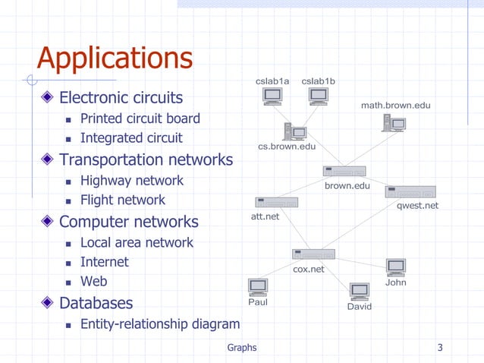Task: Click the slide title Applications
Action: coord(115,58)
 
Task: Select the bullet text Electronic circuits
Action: coord(121,98)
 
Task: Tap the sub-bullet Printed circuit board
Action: coord(140,118)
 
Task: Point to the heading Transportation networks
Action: coord(146,159)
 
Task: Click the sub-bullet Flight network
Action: coord(123,200)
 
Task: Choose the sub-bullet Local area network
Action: coord(137,243)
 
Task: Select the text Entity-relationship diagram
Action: coord(160,324)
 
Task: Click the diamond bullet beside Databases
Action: coord(48,303)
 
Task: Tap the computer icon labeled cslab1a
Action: coord(272,96)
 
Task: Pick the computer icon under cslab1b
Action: coord(318,96)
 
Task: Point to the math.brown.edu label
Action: coord(395,105)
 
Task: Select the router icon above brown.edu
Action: coord(344,171)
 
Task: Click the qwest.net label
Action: coord(417,206)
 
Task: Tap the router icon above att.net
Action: coord(276,203)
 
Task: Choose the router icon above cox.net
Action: coord(313,254)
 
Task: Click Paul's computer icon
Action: coord(258,287)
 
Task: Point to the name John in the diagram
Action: coord(395,283)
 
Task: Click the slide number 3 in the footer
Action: coord(440,348)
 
